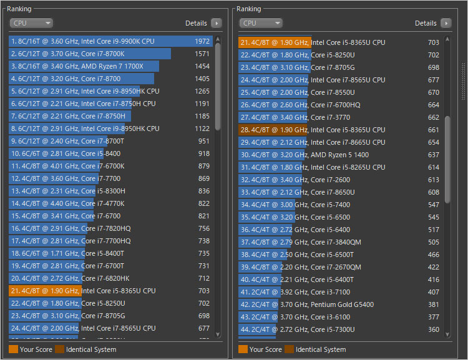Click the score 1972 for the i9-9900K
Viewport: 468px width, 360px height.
pos(202,41)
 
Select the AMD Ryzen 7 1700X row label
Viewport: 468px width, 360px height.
pos(77,66)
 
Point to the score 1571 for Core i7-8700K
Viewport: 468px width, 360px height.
pos(202,54)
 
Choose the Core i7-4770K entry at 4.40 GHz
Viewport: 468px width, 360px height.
pos(67,203)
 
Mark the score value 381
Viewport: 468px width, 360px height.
pos(433,304)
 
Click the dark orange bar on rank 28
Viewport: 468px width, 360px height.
pos(273,130)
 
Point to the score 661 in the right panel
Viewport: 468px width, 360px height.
pos(433,130)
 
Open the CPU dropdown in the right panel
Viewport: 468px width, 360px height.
pos(261,23)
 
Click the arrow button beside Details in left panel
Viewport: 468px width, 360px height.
pos(216,23)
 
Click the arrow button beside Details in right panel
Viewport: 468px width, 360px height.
pos(446,23)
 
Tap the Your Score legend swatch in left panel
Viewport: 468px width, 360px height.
pos(13,349)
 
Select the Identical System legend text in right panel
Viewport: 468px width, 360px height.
pos(321,349)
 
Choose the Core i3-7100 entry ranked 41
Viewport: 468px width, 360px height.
pos(295,292)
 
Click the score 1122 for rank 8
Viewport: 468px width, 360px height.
pos(202,129)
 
